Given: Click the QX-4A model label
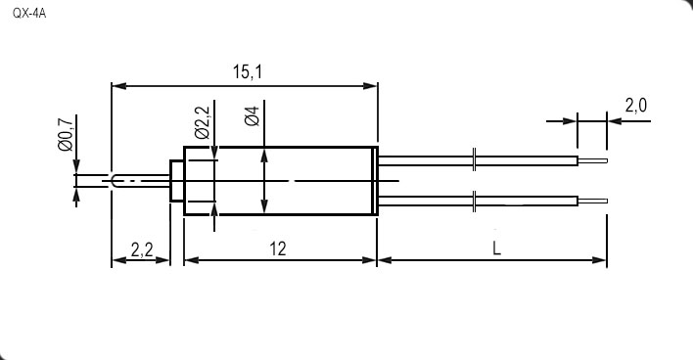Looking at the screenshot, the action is click(x=29, y=14).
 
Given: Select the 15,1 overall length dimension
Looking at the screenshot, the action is click(x=248, y=72).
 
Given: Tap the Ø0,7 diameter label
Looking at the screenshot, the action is click(x=65, y=134).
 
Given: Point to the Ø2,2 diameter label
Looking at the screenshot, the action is click(x=202, y=122).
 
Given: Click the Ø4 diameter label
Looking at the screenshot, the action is click(x=252, y=115).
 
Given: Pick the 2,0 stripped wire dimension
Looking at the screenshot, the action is click(x=636, y=106).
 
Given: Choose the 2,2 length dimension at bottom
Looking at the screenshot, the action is click(x=142, y=250).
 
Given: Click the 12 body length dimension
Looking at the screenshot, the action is click(x=278, y=249).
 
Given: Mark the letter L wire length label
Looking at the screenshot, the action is click(x=497, y=249).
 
